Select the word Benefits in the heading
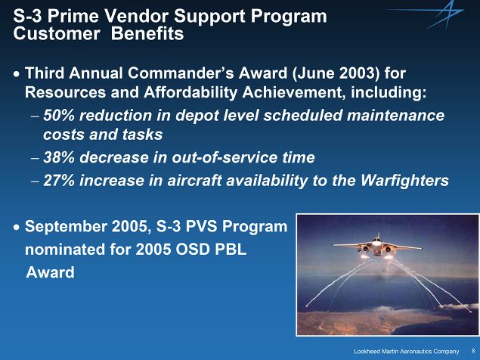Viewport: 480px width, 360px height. point(147,33)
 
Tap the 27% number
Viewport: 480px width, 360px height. point(59,181)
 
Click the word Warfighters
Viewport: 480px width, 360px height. point(404,181)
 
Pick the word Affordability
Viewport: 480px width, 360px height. point(190,92)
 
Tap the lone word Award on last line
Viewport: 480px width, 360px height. point(50,272)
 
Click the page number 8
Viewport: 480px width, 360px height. point(473,351)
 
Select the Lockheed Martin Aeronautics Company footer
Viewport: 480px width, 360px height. point(407,352)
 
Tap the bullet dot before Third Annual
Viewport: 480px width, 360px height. point(17,74)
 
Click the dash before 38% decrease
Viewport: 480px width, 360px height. point(36,159)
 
